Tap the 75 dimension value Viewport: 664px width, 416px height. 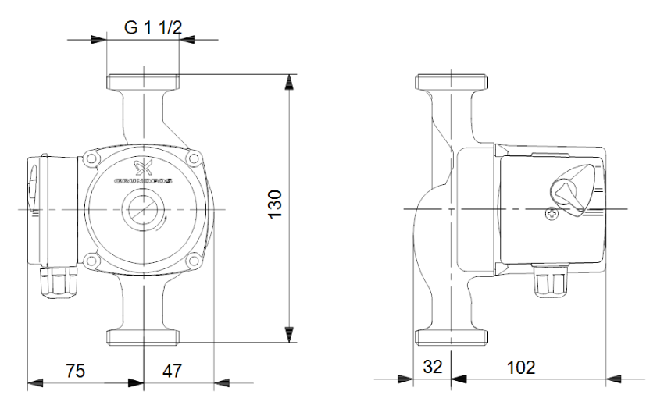75,369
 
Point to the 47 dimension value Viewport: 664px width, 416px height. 172,369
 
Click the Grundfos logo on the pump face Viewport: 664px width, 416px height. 144,172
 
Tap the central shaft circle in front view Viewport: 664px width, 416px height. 144,209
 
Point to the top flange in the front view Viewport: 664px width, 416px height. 144,82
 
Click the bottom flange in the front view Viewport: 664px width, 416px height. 144,336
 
